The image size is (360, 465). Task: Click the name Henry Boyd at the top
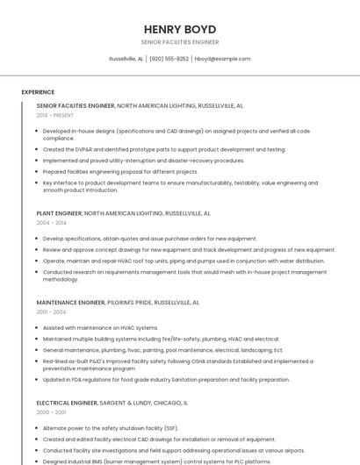[179, 29]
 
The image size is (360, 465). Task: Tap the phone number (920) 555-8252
[169, 59]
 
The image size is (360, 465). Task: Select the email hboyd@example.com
[222, 59]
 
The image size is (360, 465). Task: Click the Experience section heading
[38, 92]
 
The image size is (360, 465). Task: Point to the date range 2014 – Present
[55, 115]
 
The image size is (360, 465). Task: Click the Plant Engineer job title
[59, 213]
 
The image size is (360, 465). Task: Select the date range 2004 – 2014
[51, 223]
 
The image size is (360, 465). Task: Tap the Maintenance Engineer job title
[70, 302]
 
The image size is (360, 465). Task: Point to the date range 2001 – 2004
[51, 311]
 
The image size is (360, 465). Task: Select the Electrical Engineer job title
[66, 403]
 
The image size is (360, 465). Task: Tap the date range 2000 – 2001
[51, 412]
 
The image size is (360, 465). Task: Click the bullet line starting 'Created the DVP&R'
[164, 149]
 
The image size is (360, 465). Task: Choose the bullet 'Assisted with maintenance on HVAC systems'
[101, 327]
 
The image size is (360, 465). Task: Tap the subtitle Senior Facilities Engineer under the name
[179, 42]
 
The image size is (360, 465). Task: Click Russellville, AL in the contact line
[126, 59]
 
